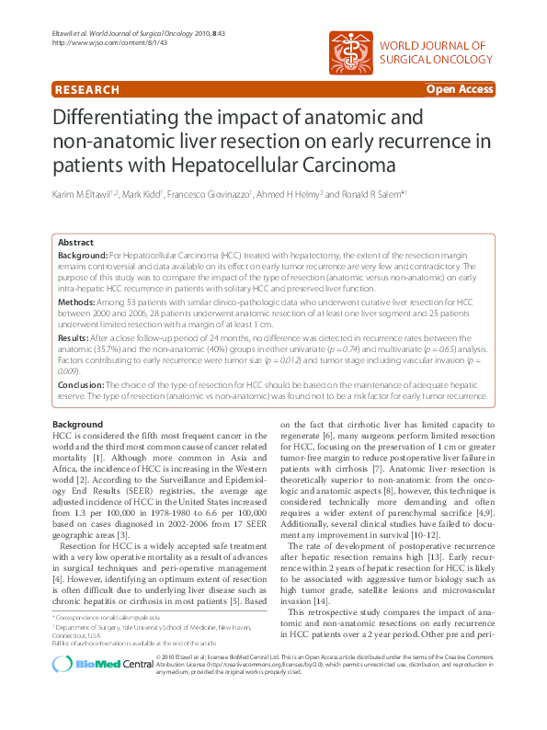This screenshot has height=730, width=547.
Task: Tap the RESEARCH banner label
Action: [x=87, y=90]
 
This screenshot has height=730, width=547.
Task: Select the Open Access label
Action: [x=459, y=89]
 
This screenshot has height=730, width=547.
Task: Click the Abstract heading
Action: [x=76, y=242]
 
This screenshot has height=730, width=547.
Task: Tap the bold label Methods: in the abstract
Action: [x=83, y=302]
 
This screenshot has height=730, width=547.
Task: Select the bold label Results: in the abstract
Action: [x=80, y=338]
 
